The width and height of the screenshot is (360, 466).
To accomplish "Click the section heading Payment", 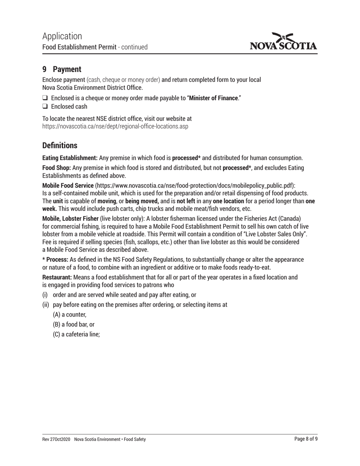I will click(x=67, y=69).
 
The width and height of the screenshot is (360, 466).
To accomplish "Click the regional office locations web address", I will click(x=115, y=126).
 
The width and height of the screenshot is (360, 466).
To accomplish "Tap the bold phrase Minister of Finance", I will click(x=214, y=99).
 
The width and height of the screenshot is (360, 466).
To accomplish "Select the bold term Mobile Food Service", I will click(x=68, y=186).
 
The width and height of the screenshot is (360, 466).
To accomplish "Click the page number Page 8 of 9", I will click(x=306, y=439).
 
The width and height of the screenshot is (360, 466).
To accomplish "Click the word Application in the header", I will click(x=62, y=36).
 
